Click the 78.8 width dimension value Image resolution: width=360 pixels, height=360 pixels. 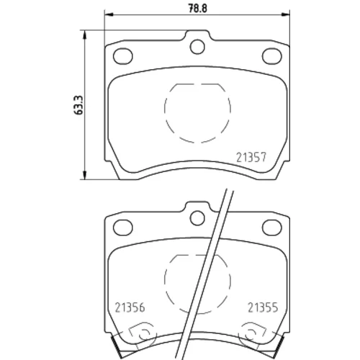[x=197, y=9]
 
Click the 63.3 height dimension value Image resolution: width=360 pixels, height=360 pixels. [x=78, y=105]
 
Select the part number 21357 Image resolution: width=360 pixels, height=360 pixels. [x=251, y=158]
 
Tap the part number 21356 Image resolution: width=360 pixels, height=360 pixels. [x=130, y=307]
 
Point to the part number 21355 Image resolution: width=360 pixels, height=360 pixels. [x=263, y=307]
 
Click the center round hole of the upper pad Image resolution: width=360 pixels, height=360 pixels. [x=197, y=47]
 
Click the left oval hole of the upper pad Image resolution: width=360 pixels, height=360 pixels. [x=123, y=56]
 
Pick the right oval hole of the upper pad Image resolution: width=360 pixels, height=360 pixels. [x=272, y=56]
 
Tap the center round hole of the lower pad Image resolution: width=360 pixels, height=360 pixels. [x=197, y=218]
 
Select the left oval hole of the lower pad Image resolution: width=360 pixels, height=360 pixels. [x=123, y=228]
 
